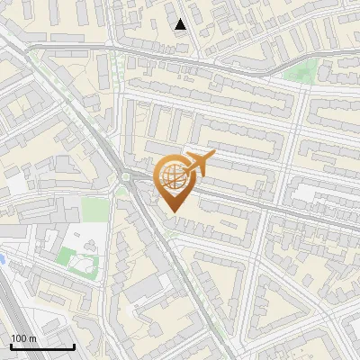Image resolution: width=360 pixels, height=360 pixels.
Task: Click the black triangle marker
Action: [181, 24]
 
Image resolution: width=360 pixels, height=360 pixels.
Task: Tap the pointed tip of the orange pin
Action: [174, 212]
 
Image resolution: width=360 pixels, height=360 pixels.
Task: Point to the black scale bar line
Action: [41, 346]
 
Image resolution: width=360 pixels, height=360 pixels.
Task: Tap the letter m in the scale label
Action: [33, 338]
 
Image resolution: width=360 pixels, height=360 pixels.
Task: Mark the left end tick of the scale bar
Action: [10, 346]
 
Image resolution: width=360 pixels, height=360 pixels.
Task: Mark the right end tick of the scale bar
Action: [74, 346]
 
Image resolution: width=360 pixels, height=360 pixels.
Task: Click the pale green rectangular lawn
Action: [94, 209]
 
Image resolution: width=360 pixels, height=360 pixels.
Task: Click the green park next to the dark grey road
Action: [301, 73]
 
